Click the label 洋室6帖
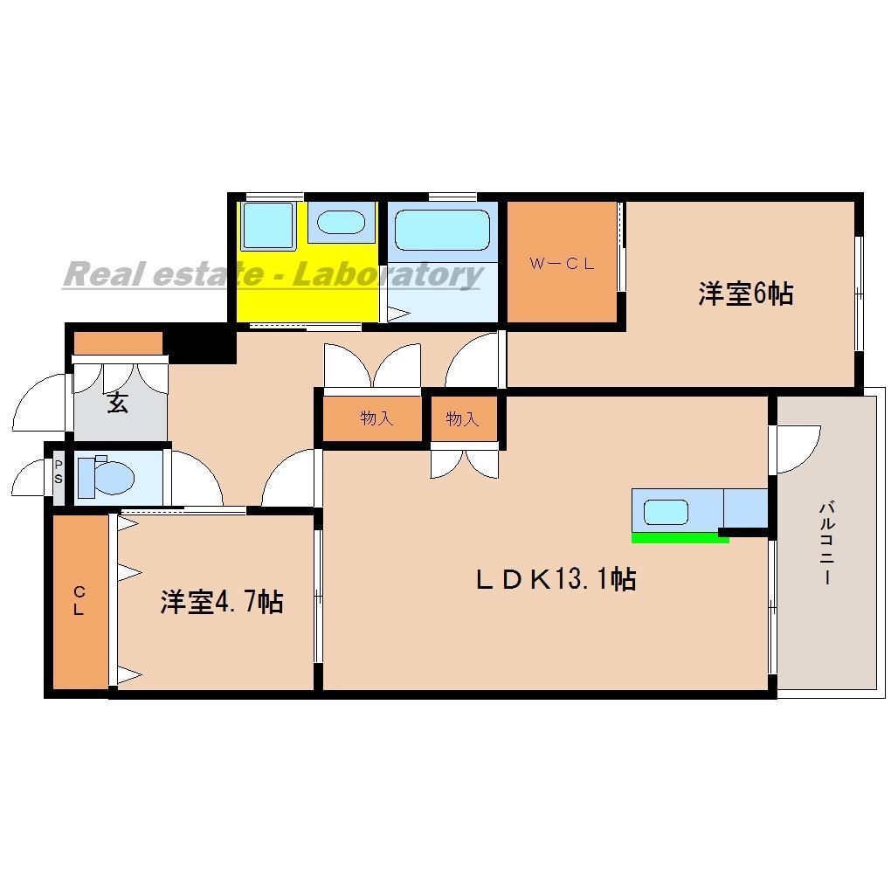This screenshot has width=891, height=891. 744,294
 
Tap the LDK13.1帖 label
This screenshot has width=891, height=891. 555,579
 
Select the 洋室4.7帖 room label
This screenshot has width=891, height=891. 221,602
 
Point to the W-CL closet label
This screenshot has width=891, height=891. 563,263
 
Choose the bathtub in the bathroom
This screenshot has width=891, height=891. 441,230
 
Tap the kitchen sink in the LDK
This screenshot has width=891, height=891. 666,512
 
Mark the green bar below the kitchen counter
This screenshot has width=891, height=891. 680,538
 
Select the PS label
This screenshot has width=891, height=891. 59,473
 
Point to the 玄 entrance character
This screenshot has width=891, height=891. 118,404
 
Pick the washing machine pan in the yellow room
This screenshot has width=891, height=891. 268,225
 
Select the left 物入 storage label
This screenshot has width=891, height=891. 376,418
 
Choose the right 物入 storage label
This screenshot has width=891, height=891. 462,418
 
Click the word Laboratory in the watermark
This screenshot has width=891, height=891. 385,274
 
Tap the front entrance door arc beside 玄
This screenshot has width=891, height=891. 39,404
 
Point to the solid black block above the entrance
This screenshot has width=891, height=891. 203,342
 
